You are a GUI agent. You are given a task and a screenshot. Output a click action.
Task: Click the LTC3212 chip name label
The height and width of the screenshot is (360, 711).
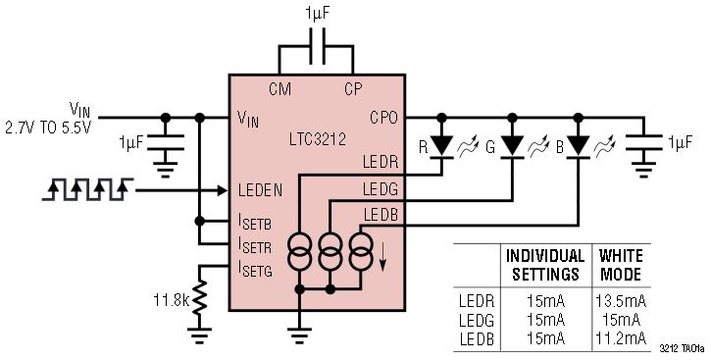point(318,139)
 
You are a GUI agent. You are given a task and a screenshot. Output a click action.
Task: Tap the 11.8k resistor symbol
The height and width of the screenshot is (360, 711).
point(199,298)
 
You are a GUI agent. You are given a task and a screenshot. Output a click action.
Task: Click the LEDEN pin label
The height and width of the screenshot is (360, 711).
point(260,190)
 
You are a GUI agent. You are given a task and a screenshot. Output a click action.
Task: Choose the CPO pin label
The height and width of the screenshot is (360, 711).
point(383,118)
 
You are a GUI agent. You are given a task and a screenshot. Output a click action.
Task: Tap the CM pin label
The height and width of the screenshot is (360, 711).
point(279,89)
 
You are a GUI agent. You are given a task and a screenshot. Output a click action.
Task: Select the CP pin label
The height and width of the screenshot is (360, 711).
point(353,89)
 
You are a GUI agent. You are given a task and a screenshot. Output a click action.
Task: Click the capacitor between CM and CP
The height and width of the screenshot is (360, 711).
point(317,46)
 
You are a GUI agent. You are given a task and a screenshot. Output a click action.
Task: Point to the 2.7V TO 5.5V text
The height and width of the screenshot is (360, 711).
point(48,128)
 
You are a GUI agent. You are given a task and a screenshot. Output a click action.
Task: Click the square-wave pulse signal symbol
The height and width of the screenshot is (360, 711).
point(87,189)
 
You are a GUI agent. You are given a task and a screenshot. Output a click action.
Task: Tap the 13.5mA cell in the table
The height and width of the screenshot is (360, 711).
point(621,301)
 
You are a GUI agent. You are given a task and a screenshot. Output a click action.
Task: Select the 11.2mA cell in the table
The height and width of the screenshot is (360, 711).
point(621,338)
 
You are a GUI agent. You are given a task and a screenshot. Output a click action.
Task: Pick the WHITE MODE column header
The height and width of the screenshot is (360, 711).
point(621,265)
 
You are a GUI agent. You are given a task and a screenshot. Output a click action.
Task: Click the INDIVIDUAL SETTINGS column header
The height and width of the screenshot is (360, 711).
point(545,265)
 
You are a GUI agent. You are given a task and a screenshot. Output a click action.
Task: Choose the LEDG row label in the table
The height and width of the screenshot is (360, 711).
point(476,320)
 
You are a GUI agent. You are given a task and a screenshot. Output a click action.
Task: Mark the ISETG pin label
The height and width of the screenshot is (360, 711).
point(255,270)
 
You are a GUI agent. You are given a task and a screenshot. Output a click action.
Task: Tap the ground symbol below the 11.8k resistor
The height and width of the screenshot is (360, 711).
point(199,334)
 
